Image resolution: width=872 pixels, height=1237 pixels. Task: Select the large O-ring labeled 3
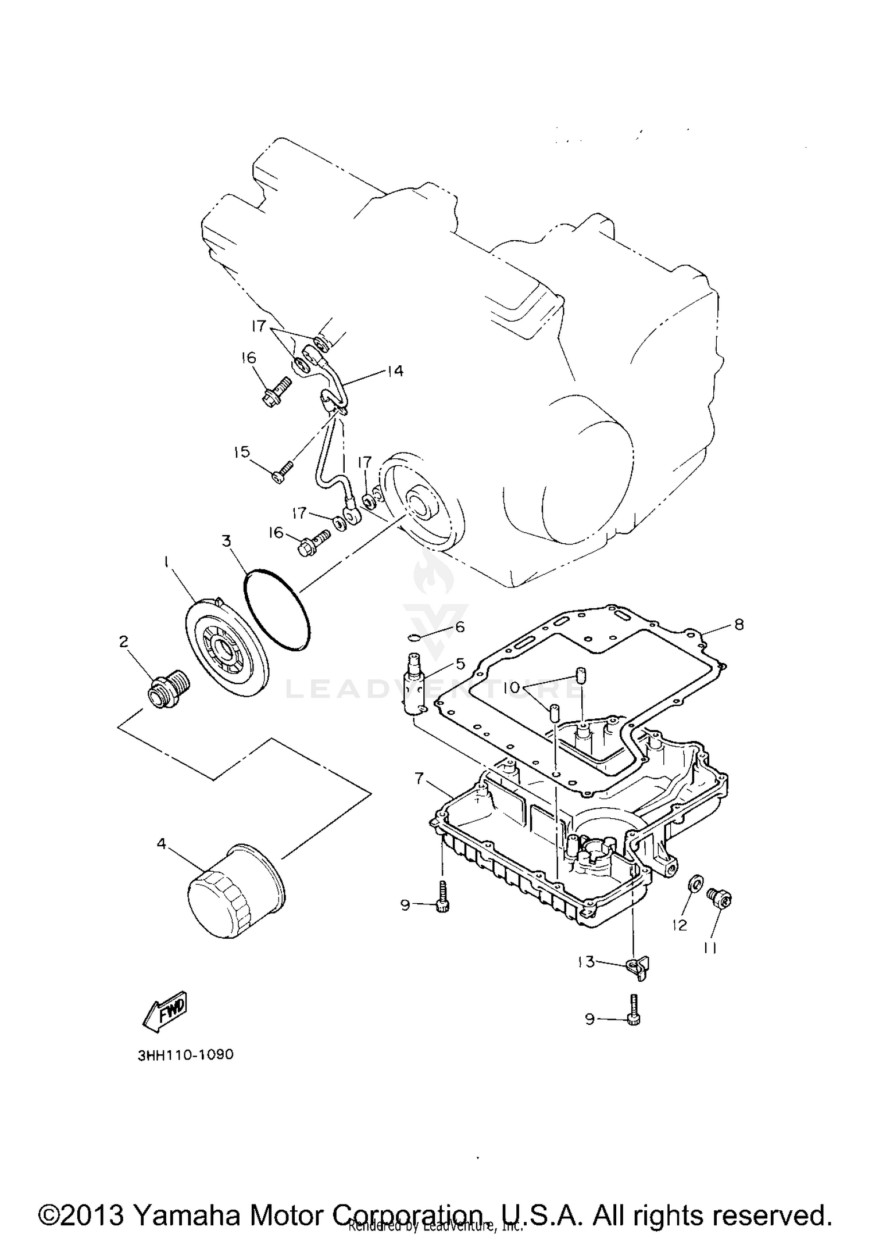277,609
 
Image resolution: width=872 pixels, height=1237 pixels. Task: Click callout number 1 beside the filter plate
167,561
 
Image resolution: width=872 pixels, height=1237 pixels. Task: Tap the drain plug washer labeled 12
695,884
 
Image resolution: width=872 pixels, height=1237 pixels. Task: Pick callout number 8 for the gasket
738,625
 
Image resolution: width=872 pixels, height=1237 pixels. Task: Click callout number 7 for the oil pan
420,778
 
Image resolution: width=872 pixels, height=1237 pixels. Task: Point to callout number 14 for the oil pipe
395,371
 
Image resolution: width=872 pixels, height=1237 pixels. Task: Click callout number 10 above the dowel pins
511,687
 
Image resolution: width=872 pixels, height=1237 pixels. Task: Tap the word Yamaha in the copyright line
180,1215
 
